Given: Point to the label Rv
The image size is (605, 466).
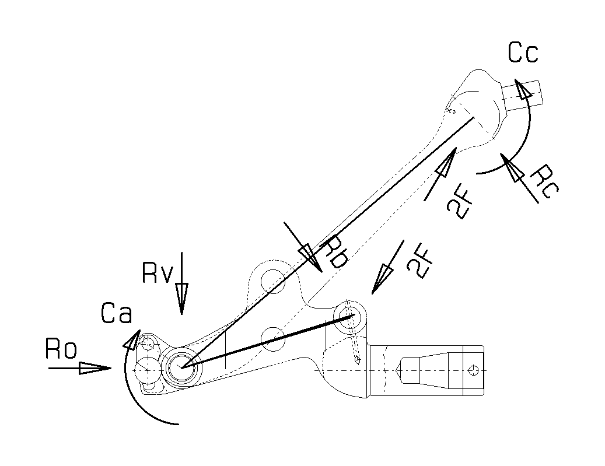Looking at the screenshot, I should [158, 272].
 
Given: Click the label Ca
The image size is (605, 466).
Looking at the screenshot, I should [117, 314].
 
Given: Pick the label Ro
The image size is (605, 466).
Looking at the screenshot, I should [61, 350].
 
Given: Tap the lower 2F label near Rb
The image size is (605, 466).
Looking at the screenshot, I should [420, 261].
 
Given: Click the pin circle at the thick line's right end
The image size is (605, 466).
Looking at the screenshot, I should [352, 316].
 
